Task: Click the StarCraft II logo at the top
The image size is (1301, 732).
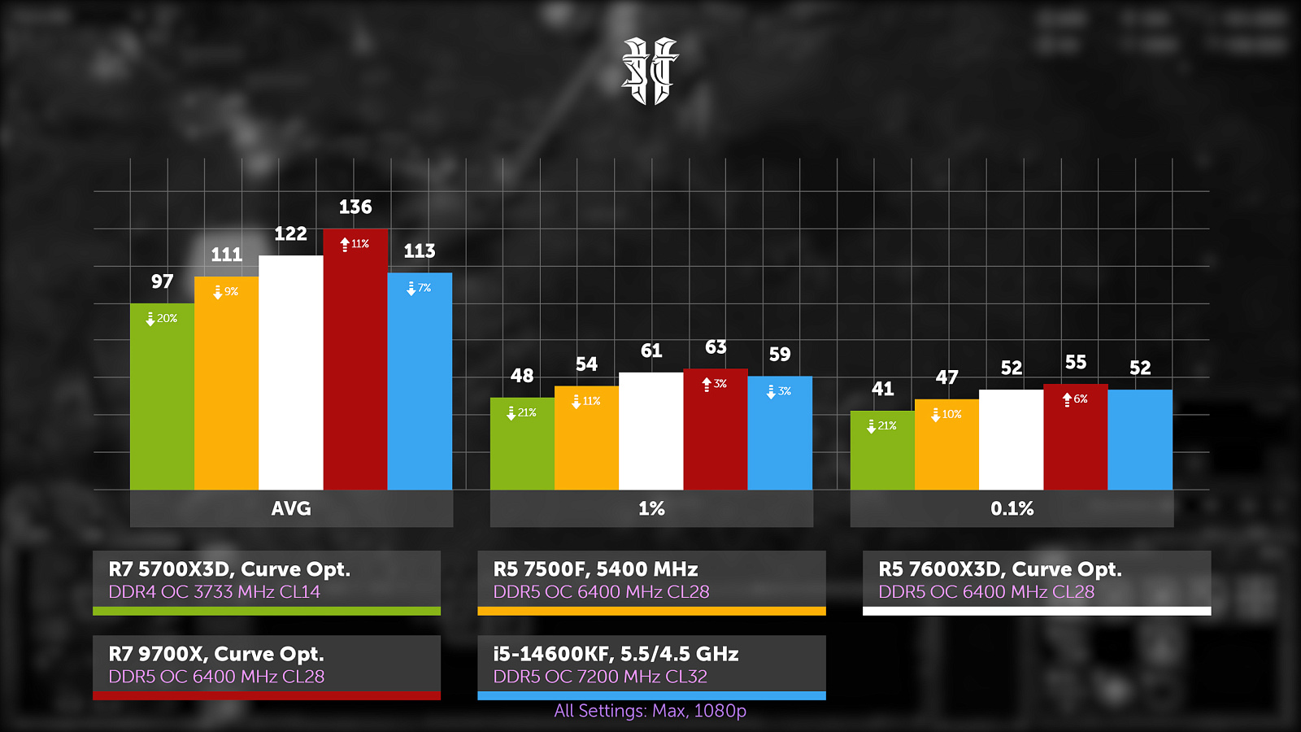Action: click(650, 72)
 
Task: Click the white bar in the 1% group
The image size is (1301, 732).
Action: click(650, 431)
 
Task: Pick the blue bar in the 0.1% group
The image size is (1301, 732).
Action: click(1140, 439)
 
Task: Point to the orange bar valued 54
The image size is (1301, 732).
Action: click(586, 439)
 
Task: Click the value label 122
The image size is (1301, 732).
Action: click(290, 234)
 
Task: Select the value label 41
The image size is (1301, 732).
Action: click(882, 389)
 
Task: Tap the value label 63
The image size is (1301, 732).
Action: click(716, 347)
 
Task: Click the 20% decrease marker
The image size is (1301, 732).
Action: click(162, 319)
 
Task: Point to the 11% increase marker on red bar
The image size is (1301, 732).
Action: click(355, 244)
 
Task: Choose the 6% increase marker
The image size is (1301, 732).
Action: click(1075, 399)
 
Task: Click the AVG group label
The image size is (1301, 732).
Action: click(291, 508)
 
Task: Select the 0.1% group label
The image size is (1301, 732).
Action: click(1012, 508)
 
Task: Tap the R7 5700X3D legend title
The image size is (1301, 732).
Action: click(229, 569)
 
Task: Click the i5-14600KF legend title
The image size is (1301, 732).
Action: click(616, 654)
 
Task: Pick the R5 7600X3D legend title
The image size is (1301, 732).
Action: click(999, 569)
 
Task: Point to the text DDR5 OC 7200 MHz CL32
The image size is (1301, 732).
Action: click(600, 677)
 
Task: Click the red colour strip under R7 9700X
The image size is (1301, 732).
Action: click(267, 695)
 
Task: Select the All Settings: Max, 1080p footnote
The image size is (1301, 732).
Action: click(650, 711)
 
